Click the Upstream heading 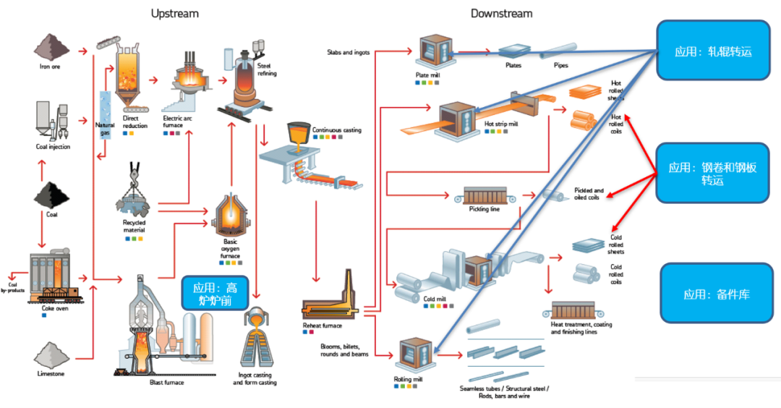(174, 13)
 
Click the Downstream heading (501, 13)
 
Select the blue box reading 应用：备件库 (716, 293)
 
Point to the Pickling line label (485, 210)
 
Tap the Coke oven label (55, 307)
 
